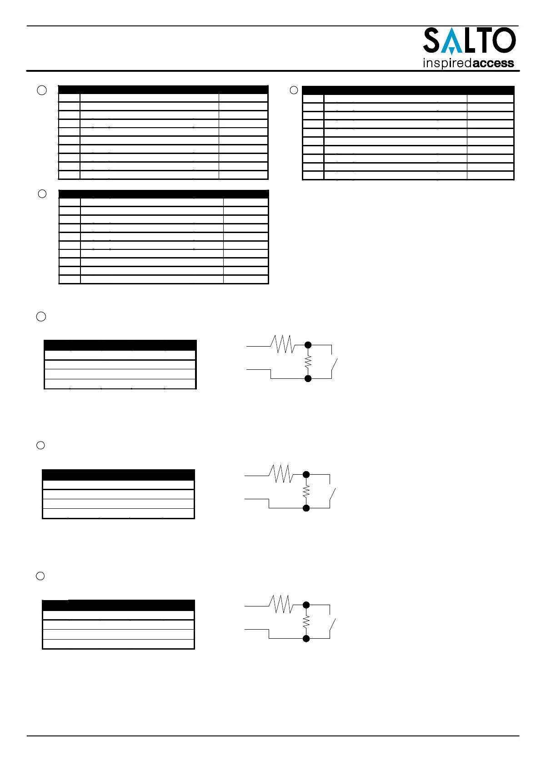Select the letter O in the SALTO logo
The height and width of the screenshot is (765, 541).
(504, 40)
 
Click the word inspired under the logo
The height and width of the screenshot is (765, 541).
(447, 63)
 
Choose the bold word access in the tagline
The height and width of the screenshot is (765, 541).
(493, 63)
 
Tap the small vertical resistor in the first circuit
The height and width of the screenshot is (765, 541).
(308, 362)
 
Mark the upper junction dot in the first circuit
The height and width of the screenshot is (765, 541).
(308, 345)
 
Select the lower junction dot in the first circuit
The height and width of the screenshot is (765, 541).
(308, 378)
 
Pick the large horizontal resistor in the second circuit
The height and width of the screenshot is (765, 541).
(281, 474)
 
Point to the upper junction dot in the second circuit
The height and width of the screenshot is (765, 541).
(306, 475)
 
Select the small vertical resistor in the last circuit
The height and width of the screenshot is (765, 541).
(306, 621)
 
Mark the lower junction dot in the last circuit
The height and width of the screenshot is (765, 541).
(306, 639)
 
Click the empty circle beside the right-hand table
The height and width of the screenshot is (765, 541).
(294, 90)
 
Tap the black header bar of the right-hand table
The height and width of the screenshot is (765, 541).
(408, 90)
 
